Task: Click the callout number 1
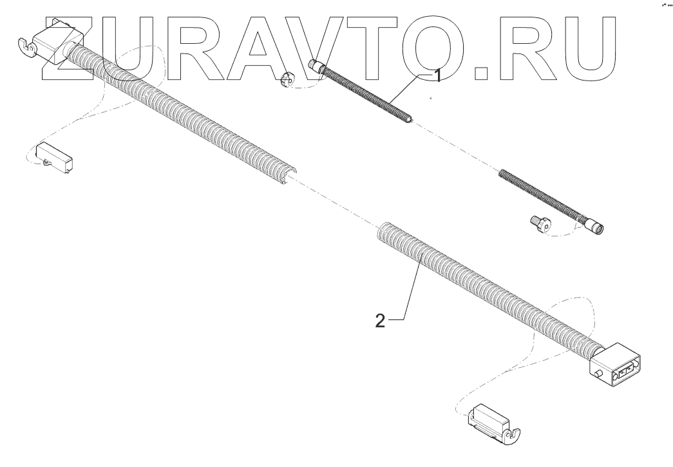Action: click(437, 77)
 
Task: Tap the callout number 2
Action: click(381, 321)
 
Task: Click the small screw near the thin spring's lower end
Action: click(538, 224)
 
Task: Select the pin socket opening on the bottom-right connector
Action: click(627, 370)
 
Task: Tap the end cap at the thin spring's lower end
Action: click(596, 227)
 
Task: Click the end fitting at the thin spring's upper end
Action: click(316, 66)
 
